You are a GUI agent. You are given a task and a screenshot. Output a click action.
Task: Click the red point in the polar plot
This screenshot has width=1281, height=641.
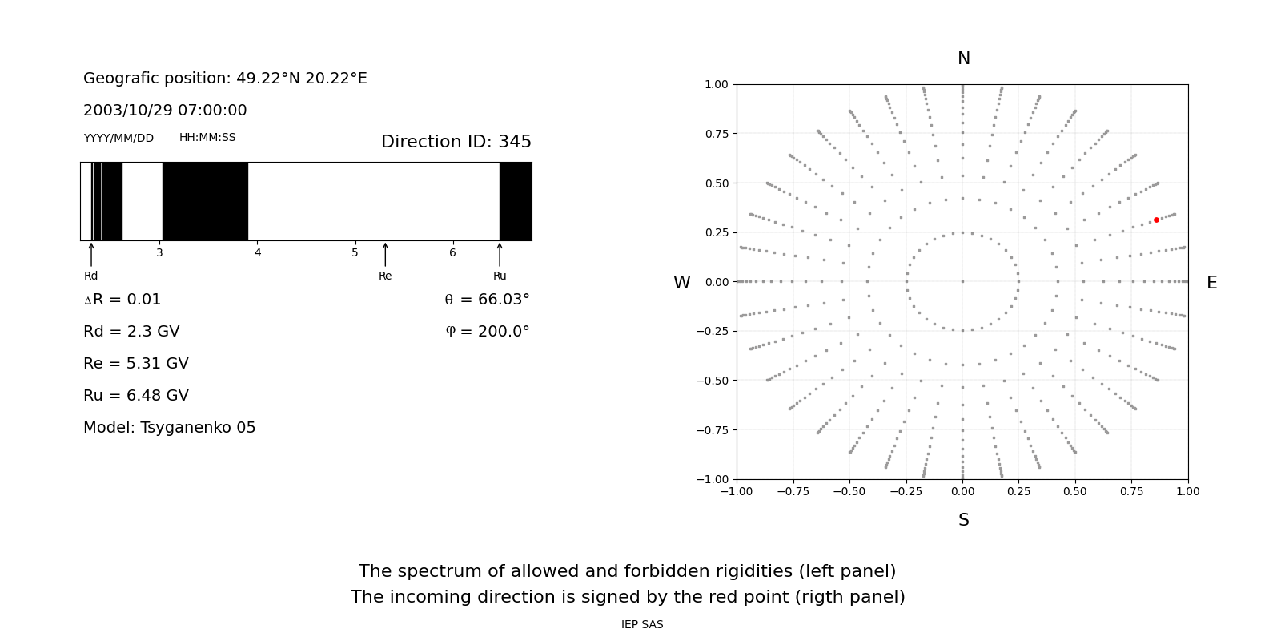tap(1156, 220)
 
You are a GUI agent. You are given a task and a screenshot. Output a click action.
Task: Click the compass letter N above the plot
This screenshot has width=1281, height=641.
tap(964, 58)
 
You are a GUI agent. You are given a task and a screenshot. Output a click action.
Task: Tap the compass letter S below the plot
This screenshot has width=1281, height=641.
tap(964, 520)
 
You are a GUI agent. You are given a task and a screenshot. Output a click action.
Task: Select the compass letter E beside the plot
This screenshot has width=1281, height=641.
tap(1211, 283)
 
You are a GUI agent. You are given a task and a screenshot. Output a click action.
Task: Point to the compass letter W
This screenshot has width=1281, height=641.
tap(681, 283)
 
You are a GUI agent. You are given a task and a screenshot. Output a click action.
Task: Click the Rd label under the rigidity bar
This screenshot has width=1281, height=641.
tap(91, 276)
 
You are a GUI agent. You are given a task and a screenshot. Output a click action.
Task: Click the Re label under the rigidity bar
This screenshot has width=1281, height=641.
tap(385, 276)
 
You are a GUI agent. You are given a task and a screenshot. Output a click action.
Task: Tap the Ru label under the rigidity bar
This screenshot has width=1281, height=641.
tap(500, 276)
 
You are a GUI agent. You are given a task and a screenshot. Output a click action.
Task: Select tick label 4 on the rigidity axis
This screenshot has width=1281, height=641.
tap(258, 253)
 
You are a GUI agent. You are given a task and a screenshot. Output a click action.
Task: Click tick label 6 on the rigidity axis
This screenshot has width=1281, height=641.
tap(452, 253)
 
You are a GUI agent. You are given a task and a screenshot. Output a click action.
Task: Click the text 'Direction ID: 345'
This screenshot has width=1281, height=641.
tap(456, 142)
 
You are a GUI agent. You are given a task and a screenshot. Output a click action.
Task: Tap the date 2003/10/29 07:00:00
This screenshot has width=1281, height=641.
tap(165, 111)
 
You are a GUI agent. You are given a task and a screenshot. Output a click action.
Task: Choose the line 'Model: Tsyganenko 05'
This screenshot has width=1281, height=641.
tap(170, 428)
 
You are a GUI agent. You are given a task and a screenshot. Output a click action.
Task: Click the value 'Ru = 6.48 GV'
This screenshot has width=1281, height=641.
tap(136, 396)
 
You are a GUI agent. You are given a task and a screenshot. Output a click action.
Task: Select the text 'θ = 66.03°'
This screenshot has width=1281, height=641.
tap(487, 300)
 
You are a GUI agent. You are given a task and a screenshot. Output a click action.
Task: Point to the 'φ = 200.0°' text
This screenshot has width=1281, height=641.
tap(488, 332)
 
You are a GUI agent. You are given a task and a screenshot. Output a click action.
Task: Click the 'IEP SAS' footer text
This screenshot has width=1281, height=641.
tap(642, 625)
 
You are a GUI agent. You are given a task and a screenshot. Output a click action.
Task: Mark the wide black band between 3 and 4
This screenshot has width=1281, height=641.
tap(205, 201)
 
